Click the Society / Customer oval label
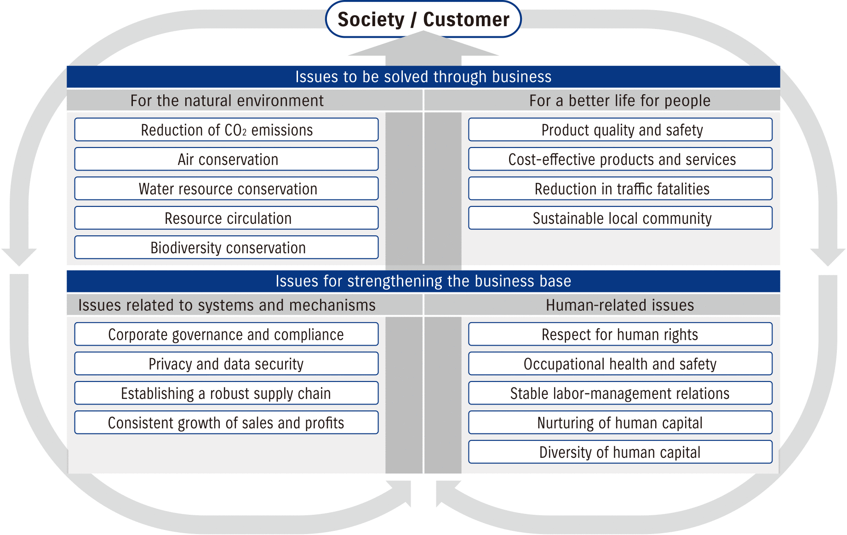(423, 19)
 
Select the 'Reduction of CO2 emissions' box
(226, 130)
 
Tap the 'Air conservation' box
(226, 159)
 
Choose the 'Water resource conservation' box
(226, 189)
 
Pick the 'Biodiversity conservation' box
(226, 248)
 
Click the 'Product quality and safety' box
(620, 130)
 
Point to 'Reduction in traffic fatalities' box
(620, 189)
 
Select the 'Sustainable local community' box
(620, 218)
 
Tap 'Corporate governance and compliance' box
(226, 335)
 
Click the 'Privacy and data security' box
(226, 364)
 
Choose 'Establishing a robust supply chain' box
(226, 393)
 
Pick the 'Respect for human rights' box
(620, 335)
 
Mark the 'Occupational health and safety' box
(620, 364)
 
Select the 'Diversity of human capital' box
(620, 452)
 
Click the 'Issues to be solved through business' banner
(423, 77)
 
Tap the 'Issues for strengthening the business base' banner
(423, 281)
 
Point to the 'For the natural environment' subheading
(227, 101)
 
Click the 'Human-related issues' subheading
(620, 305)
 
